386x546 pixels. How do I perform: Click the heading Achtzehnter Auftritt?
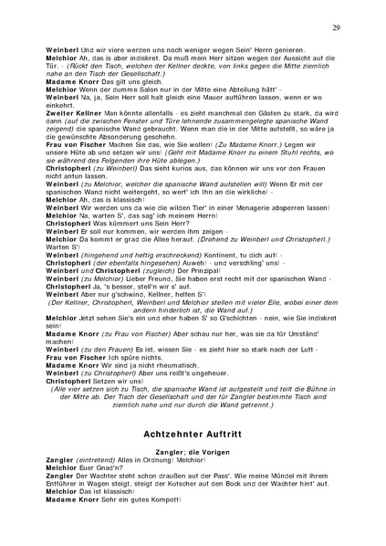(x=193, y=429)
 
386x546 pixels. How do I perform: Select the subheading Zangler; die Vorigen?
(x=193, y=451)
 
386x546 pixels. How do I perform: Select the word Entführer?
(x=59, y=482)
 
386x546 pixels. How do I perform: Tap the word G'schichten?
(x=214, y=314)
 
